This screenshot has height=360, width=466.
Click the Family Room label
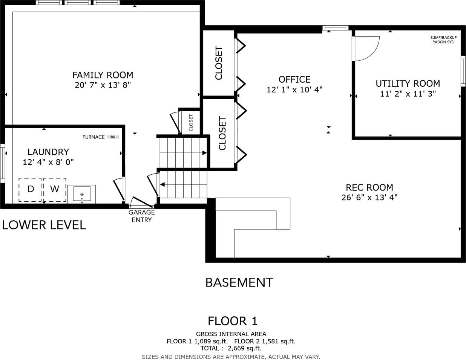click(103, 75)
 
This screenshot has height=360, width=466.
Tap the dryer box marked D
click(30, 190)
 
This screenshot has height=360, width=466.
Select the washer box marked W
click(55, 190)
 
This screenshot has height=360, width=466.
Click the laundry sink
click(82, 194)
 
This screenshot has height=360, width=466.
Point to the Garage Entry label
click(141, 216)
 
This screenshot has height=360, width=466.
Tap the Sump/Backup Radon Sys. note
click(443, 40)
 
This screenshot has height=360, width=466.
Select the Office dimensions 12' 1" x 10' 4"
click(294, 90)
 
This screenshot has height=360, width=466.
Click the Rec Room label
click(369, 188)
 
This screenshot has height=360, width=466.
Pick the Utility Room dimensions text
click(408, 94)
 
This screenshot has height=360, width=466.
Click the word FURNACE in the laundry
click(94, 137)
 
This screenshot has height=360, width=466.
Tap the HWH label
click(113, 137)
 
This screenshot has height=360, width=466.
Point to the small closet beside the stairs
click(191, 123)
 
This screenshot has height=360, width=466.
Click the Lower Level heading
click(44, 225)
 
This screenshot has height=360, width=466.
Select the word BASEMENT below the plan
click(239, 282)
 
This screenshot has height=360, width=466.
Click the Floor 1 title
click(233, 321)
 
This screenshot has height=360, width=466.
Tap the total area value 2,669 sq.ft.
click(244, 348)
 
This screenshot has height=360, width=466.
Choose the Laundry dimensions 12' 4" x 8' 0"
click(48, 162)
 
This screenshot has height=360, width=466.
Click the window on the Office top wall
click(336, 28)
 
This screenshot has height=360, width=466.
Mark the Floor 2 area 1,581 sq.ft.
click(265, 341)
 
